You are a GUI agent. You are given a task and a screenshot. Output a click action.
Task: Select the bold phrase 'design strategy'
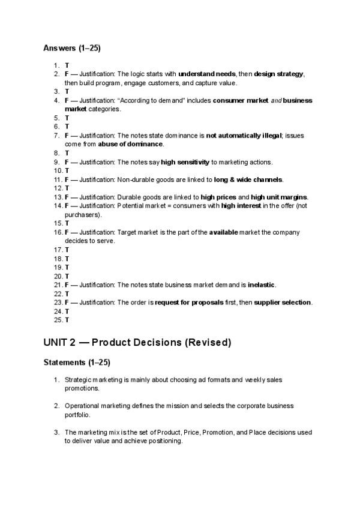(279, 74)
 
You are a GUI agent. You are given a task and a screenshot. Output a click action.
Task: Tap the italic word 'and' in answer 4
(275, 100)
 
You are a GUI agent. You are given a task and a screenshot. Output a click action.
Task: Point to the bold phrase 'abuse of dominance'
(130, 144)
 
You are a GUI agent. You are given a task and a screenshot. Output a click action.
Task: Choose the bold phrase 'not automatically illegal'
(244, 136)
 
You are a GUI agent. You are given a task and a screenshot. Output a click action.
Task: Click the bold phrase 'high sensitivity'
(185, 161)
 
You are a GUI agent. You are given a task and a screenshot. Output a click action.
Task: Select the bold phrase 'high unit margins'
(279, 197)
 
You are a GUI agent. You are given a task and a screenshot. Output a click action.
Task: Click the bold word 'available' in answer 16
(224, 232)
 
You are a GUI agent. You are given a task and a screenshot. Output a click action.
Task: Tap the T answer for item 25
(67, 320)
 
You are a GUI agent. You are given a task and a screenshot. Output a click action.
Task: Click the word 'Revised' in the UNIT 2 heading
(208, 343)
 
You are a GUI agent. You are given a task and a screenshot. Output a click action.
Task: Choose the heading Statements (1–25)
(77, 363)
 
